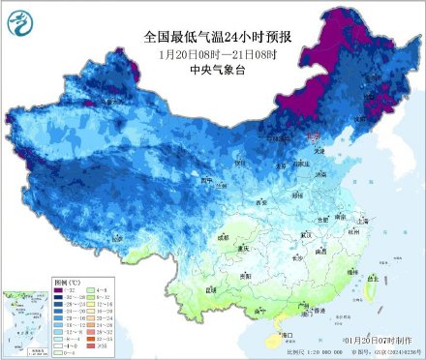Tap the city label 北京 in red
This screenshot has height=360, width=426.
313,139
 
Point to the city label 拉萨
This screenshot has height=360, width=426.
117,237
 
